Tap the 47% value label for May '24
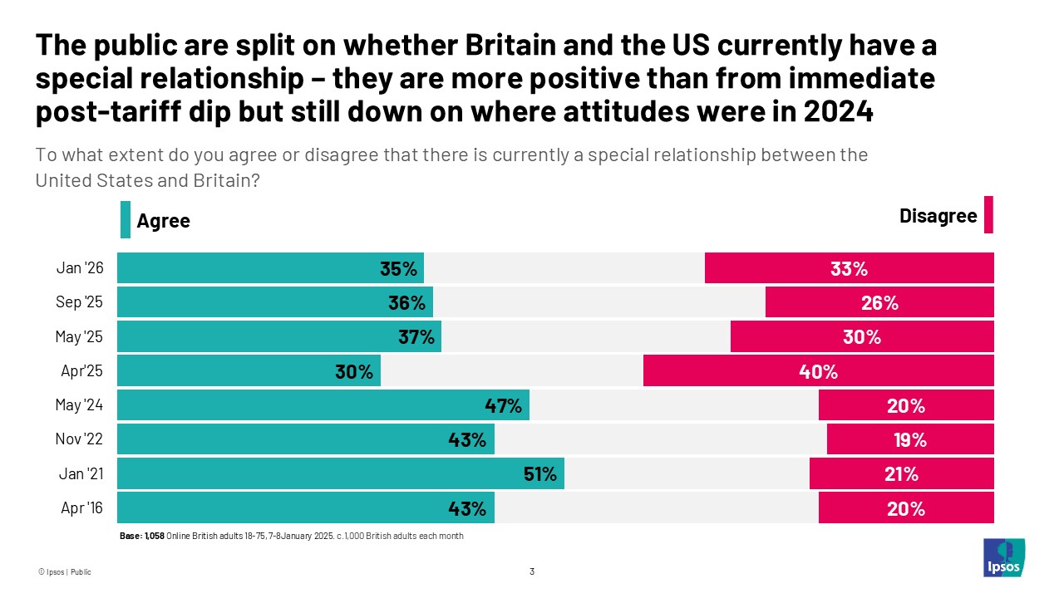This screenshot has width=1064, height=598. (x=503, y=406)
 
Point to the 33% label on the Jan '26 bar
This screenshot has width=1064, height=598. (x=849, y=269)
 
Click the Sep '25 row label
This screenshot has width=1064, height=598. (x=80, y=303)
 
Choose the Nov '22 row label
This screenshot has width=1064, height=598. (x=80, y=440)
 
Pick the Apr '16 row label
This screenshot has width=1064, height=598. (x=81, y=508)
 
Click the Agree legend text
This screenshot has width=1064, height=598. (x=163, y=221)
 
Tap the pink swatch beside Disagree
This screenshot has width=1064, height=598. (x=988, y=215)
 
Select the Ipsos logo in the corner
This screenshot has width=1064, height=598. (x=1003, y=557)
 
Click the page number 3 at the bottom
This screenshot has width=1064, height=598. (x=532, y=571)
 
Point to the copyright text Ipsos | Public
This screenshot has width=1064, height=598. (x=64, y=572)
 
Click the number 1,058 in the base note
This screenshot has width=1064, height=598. (x=155, y=537)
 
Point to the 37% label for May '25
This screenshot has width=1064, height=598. (x=416, y=337)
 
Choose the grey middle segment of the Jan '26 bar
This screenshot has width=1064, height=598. (x=565, y=269)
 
